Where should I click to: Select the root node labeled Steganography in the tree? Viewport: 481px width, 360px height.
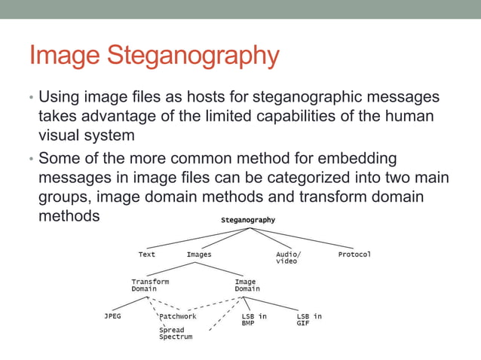[247, 220]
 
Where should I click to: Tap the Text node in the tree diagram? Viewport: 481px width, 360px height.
[147, 255]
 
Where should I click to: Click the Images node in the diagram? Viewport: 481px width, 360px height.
[199, 255]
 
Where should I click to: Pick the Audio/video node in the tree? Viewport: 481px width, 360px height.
[286, 258]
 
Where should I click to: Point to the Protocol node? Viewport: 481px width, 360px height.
[354, 255]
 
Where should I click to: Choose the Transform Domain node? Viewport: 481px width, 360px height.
[150, 285]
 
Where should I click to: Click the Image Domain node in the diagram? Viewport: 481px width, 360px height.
[247, 285]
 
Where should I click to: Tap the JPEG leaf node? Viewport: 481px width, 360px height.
[112, 316]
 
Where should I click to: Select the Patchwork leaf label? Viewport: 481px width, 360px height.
[178, 316]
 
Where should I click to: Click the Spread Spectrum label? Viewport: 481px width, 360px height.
[176, 333]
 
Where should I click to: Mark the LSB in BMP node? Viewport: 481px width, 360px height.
[254, 319]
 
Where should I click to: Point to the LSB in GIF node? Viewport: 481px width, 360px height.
[309, 319]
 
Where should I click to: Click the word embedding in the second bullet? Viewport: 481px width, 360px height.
[354, 159]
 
